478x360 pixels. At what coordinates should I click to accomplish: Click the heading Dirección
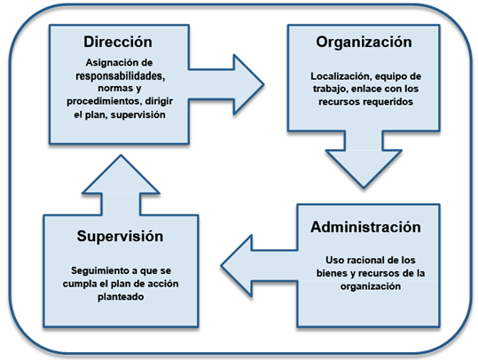click(x=118, y=42)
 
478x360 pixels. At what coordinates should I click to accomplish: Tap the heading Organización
click(x=364, y=43)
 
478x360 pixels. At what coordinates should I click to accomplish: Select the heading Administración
click(x=365, y=227)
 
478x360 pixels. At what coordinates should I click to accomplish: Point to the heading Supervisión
click(x=120, y=236)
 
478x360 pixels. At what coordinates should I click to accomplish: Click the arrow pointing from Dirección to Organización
click(x=226, y=85)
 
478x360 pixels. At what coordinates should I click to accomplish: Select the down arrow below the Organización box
click(x=364, y=160)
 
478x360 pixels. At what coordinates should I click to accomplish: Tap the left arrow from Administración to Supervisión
click(x=259, y=265)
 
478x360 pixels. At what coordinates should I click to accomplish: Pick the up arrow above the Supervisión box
click(x=121, y=185)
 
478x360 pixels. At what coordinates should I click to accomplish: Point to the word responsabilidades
click(x=121, y=76)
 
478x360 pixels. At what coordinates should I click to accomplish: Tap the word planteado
click(x=121, y=297)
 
